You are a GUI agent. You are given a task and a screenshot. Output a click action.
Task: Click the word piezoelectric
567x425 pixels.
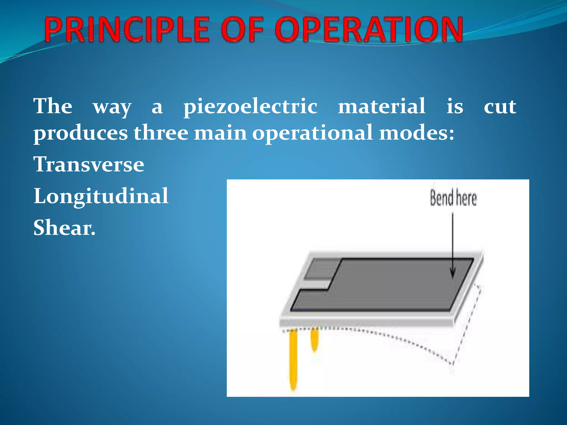coord(250,106)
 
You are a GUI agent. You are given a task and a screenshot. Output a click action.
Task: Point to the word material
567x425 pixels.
coord(382,106)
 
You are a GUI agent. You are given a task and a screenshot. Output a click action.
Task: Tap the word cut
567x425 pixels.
coord(500,107)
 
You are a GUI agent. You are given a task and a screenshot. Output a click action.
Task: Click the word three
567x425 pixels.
coord(161,133)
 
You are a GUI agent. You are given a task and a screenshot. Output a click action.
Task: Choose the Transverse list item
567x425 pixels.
coord(89,164)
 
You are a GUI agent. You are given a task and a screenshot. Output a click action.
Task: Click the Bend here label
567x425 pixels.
coord(453,198)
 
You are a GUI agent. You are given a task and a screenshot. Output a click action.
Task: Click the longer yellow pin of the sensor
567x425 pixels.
coord(293,360)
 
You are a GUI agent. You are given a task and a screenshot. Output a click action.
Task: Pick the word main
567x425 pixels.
coord(220,133)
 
